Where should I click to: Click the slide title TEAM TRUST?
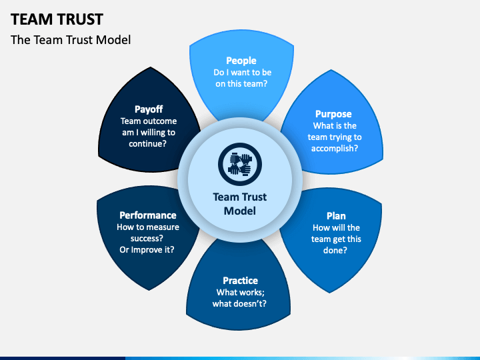57,19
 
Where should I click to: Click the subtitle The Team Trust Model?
71,40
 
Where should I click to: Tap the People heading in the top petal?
241,61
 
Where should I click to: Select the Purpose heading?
333,114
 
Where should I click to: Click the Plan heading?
336,216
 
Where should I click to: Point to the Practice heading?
240,281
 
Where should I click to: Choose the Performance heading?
148,215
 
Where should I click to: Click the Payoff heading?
149,109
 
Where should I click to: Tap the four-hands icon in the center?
240,165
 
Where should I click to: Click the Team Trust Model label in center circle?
240,204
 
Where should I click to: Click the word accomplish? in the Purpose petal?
335,149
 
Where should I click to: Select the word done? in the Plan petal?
335,250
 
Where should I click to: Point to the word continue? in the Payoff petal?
147,143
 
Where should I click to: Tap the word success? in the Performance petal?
147,238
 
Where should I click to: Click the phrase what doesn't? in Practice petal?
239,303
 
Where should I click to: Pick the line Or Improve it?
147,249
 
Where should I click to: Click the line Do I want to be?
243,72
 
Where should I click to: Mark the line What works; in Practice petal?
240,292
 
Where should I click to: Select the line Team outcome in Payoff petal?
149,121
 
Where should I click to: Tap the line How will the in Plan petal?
336,227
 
